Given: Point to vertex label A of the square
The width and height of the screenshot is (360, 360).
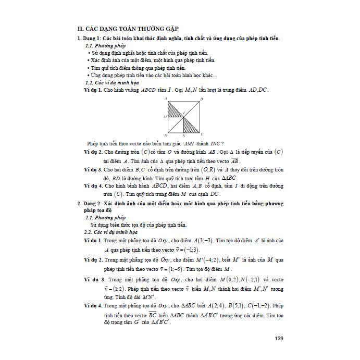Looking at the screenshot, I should pos(165,98).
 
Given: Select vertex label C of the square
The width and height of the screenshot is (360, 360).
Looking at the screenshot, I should pos(203,134).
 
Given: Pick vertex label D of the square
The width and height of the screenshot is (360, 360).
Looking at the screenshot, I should pos(165,135).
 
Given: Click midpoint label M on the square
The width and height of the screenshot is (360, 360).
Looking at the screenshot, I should pos(164,117).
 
